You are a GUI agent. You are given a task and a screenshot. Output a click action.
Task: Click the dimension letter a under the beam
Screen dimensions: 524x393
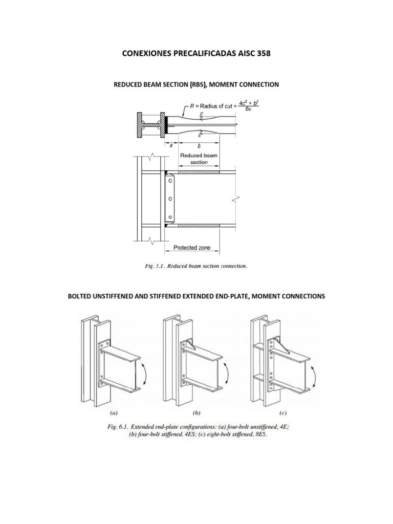click(170, 145)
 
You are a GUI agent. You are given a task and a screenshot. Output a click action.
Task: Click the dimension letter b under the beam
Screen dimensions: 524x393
click(199, 145)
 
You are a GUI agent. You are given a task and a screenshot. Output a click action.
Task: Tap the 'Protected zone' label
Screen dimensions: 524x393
click(192, 248)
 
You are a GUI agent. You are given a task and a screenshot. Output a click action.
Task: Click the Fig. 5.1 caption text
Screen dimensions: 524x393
click(196, 266)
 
